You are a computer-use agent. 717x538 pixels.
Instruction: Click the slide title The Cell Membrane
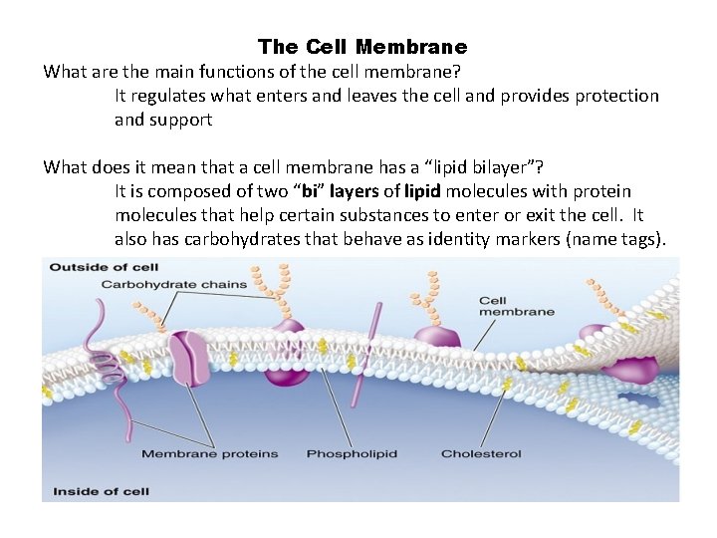pos(361,47)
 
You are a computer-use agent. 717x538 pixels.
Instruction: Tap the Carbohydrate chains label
pos(173,285)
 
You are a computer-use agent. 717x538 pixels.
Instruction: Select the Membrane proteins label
pos(209,454)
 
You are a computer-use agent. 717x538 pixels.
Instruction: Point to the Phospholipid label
pos(352,454)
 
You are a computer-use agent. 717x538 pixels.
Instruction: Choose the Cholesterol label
pos(481,454)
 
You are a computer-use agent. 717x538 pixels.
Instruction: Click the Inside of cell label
pos(101,490)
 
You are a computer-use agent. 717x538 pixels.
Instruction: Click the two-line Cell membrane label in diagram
pos(516,306)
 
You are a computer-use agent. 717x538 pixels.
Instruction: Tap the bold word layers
pos(354,191)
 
